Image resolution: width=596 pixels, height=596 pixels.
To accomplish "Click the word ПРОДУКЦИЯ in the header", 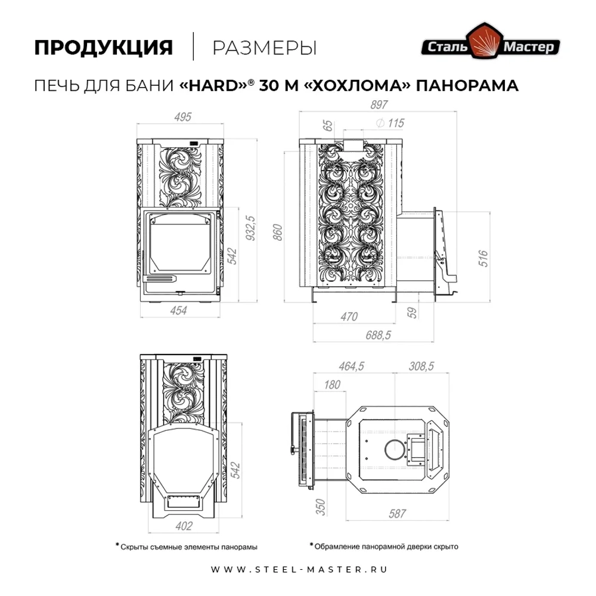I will coord(103,48).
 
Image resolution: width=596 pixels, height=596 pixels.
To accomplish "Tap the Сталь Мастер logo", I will coord(491,46).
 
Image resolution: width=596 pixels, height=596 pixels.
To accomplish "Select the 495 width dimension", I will coord(183,117).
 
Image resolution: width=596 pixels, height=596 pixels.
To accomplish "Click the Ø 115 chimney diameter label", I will coord(390,123).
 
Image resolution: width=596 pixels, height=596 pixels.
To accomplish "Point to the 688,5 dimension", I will coord(377,336).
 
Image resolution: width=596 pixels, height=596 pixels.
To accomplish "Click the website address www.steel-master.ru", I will coord(300,569).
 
